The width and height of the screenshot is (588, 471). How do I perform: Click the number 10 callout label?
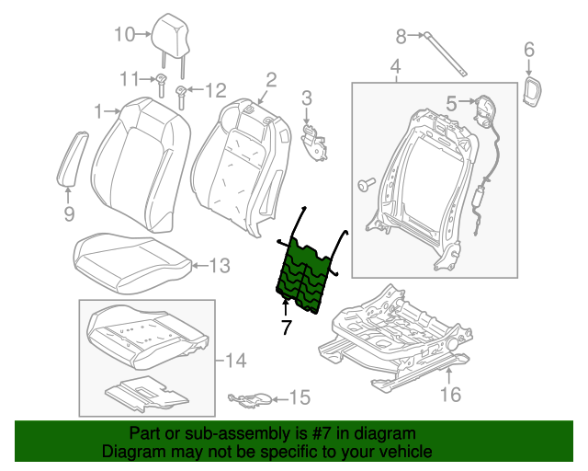124,35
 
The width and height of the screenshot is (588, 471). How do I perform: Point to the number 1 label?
98,111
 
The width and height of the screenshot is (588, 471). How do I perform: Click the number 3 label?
307,97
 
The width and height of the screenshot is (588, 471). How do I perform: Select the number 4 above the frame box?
395,67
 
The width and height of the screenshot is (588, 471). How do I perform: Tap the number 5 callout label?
452,105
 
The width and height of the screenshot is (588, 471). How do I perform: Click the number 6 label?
528,49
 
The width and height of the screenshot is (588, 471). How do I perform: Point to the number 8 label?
400,36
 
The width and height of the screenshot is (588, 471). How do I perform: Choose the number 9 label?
69,215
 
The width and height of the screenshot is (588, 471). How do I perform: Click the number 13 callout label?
218,266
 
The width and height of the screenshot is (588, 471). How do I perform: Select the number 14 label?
236,360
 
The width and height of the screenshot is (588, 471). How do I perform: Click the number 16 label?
449,396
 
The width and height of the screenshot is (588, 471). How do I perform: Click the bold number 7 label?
286,326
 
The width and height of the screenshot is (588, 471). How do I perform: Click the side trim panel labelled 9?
73,157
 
